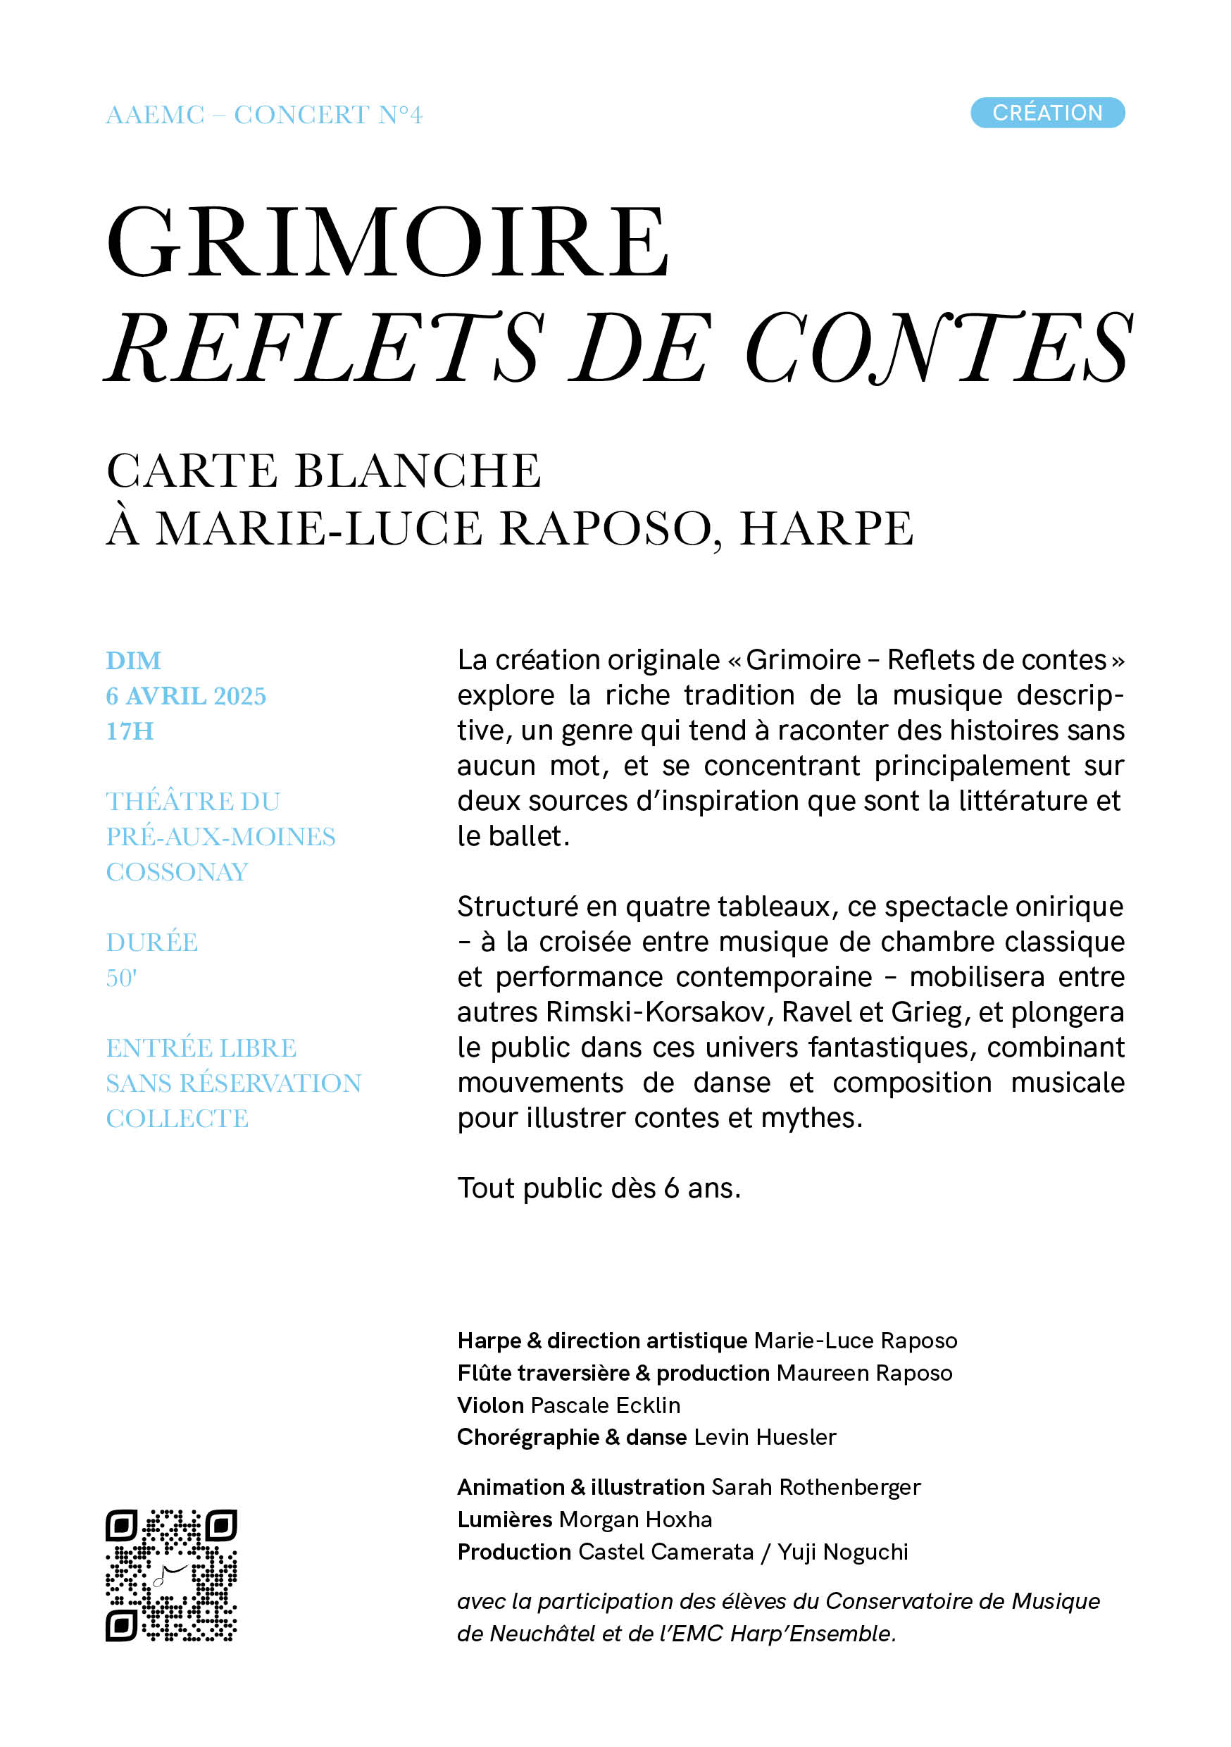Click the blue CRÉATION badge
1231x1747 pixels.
click(x=1047, y=113)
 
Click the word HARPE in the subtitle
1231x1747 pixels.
click(x=826, y=528)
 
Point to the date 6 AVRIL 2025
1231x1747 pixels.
click(x=186, y=695)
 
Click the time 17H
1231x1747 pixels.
click(x=130, y=730)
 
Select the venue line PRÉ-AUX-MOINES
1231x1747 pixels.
click(x=220, y=836)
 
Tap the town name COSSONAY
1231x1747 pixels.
click(x=177, y=871)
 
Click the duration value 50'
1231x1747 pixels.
click(x=121, y=977)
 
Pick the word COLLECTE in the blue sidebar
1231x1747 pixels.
click(x=177, y=1118)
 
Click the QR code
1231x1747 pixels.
click(x=171, y=1575)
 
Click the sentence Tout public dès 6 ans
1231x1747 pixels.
click(x=599, y=1188)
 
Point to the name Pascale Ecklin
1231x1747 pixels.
click(x=605, y=1405)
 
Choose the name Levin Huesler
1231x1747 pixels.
click(x=765, y=1436)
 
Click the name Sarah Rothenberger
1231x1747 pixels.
click(x=816, y=1487)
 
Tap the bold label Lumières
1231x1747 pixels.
click(x=504, y=1519)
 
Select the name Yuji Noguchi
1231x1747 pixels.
click(x=842, y=1551)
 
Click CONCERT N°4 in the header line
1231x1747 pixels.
click(x=328, y=115)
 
